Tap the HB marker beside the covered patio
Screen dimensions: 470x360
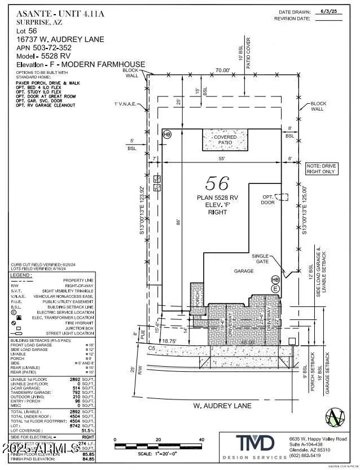tap(166, 134)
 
